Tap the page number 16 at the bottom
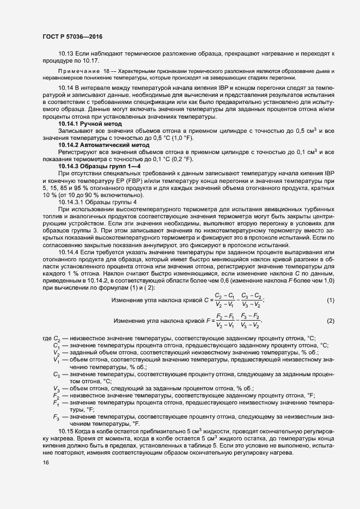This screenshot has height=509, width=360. [x=46, y=462]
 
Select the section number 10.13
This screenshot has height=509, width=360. [x=66, y=53]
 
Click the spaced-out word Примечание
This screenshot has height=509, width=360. [x=79, y=72]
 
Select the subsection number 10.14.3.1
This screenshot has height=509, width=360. [x=70, y=203]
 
